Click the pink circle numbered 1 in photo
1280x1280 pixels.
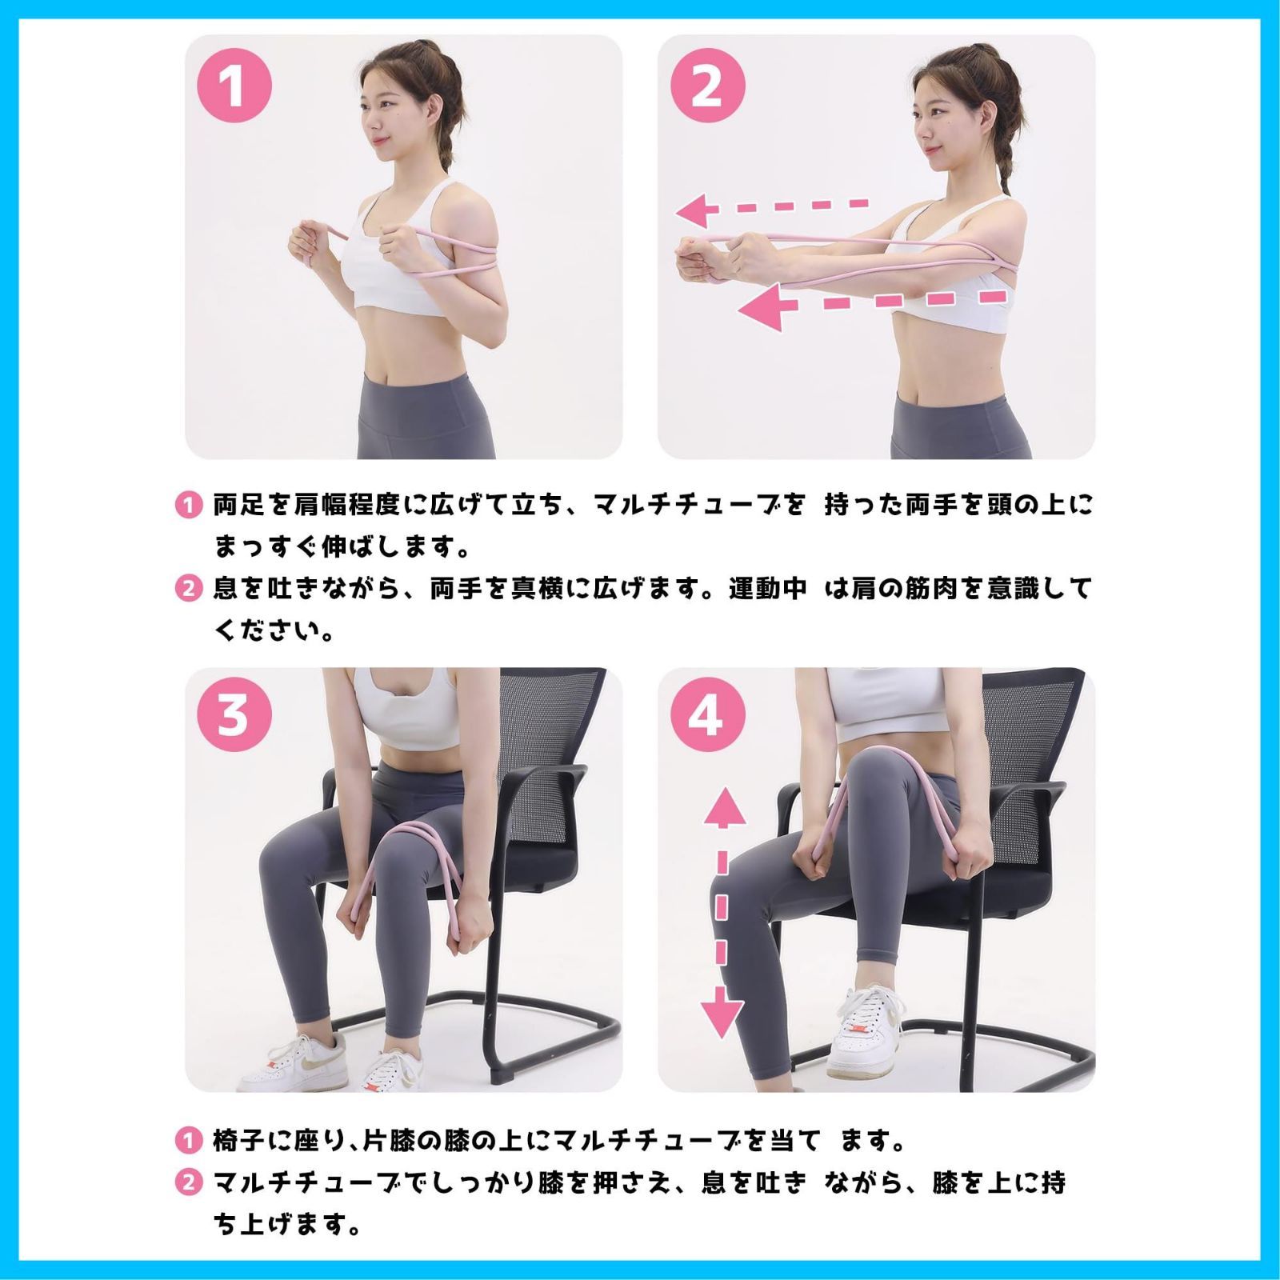(x=234, y=86)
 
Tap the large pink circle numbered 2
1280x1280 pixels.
(x=706, y=86)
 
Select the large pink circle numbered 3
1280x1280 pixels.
(x=234, y=714)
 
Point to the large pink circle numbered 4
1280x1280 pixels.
(x=706, y=714)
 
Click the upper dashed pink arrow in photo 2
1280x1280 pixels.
(x=772, y=210)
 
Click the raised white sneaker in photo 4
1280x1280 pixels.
(x=860, y=1032)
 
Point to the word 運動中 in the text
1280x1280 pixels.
(x=766, y=589)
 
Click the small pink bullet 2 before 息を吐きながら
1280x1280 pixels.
(x=188, y=589)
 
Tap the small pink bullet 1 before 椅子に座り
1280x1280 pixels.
(x=188, y=1140)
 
